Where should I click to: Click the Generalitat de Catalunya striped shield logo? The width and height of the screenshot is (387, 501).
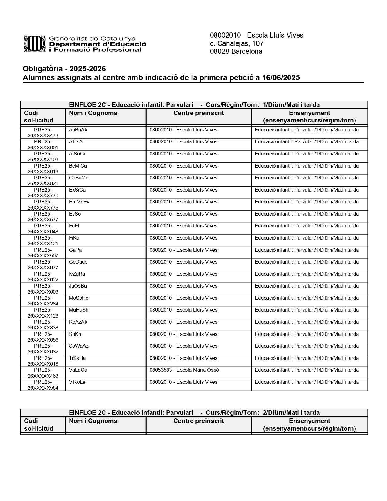click(x=35, y=44)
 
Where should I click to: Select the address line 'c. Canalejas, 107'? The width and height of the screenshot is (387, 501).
click(x=236, y=43)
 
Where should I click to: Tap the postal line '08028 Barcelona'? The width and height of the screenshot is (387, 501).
click(x=236, y=52)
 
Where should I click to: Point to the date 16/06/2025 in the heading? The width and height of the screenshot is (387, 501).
click(x=281, y=78)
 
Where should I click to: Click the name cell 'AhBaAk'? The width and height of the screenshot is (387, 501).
click(x=78, y=130)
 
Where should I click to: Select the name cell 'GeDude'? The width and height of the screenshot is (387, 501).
click(x=78, y=262)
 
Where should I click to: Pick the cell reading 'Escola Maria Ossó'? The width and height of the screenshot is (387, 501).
click(x=184, y=370)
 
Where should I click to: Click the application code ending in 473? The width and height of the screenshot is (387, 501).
click(x=43, y=133)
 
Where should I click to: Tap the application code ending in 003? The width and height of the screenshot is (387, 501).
click(x=43, y=289)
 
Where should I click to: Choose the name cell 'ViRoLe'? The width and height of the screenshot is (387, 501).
click(x=77, y=382)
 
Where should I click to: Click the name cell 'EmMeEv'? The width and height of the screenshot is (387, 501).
click(x=79, y=202)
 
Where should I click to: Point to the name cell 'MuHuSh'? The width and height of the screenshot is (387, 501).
click(x=79, y=310)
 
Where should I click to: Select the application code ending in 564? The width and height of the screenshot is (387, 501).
click(x=43, y=385)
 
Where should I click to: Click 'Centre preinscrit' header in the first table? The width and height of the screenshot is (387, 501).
click(x=199, y=113)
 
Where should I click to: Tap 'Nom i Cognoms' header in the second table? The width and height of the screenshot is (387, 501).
click(x=93, y=421)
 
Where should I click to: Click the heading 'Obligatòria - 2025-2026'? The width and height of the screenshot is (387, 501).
click(x=64, y=69)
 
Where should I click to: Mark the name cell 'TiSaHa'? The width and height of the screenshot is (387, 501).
click(x=77, y=358)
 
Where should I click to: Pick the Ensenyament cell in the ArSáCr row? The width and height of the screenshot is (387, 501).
click(x=307, y=154)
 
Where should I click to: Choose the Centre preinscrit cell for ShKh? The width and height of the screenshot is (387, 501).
click(x=183, y=334)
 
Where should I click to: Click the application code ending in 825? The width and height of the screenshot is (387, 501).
click(x=43, y=181)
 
